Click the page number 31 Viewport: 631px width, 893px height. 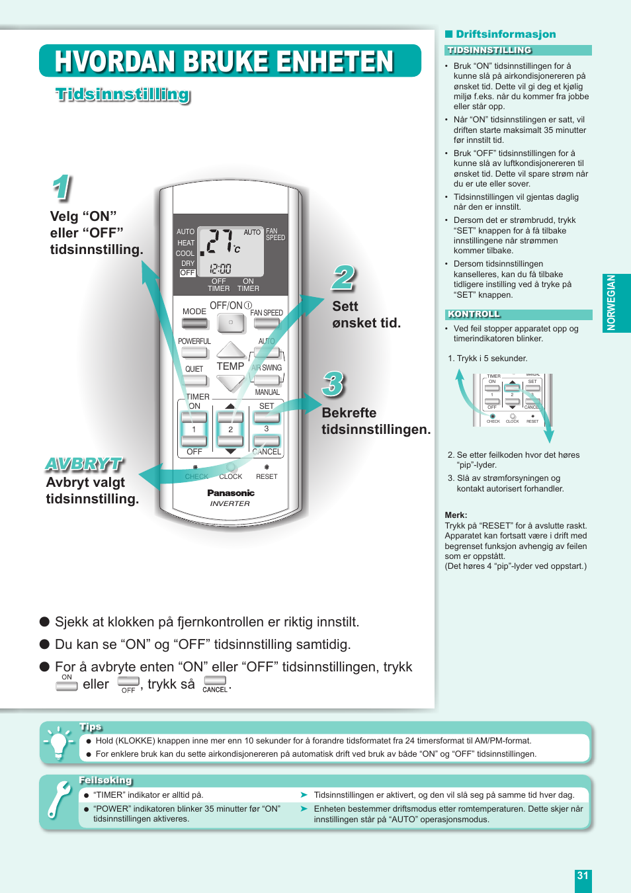(x=583, y=876)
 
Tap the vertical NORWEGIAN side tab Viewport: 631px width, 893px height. (x=611, y=303)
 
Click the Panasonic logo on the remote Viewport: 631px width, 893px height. (x=231, y=493)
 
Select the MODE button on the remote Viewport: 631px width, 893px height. (x=194, y=323)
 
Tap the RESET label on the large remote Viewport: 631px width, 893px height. (x=267, y=476)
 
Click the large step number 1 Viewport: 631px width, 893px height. (x=62, y=188)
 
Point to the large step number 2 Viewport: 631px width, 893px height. (x=343, y=278)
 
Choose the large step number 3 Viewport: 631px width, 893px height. (x=333, y=384)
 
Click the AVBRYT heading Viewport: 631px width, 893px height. (x=84, y=464)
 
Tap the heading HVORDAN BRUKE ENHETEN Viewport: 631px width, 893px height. (x=224, y=62)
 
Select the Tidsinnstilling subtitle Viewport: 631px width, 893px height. (x=123, y=95)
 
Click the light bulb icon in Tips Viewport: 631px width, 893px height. (x=58, y=743)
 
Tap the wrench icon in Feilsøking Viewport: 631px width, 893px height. (x=60, y=799)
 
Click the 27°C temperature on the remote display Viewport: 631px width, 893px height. (x=221, y=242)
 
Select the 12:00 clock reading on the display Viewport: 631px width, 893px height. (x=220, y=269)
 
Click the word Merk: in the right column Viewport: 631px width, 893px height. (x=456, y=515)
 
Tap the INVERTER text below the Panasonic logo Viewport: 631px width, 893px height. (x=230, y=504)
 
